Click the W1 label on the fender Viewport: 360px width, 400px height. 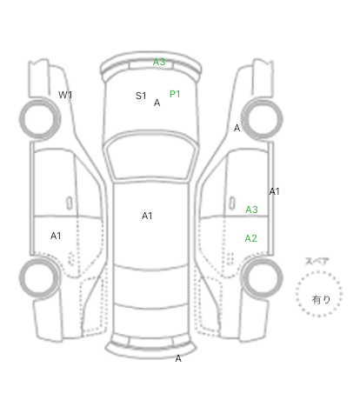[x=65, y=95]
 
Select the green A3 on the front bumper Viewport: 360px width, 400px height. [x=159, y=62]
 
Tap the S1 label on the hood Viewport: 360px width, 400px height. [x=141, y=96]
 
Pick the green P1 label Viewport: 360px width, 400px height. [x=175, y=94]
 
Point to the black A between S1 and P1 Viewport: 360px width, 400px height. [x=157, y=103]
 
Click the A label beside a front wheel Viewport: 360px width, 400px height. [x=237, y=128]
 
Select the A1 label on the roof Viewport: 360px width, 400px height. [x=147, y=216]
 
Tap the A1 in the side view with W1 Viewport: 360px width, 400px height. [x=56, y=236]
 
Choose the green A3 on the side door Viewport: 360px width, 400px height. [x=251, y=210]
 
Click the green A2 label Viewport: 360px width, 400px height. [x=251, y=238]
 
